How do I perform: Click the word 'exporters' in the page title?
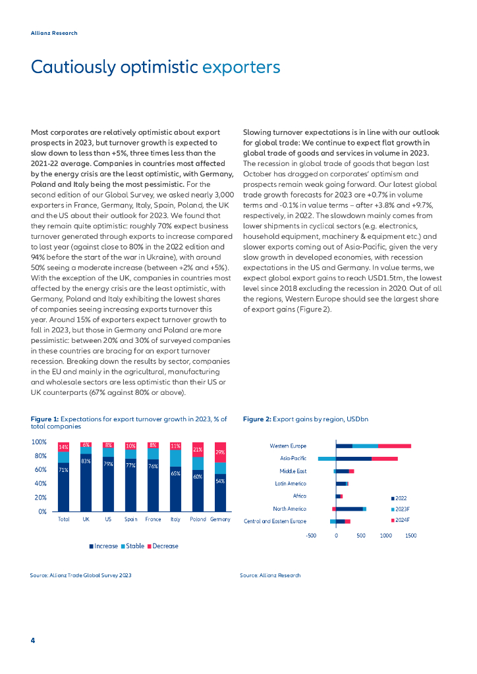pyautogui.click(x=241, y=66)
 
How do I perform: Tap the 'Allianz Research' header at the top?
pyautogui.click(x=54, y=33)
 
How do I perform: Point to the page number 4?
pyautogui.click(x=33, y=640)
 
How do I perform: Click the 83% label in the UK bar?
pyautogui.click(x=86, y=461)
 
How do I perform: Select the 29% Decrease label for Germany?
pyautogui.click(x=220, y=452)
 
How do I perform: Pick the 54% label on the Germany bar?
pyautogui.click(x=220, y=481)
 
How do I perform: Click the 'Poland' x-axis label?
pyautogui.click(x=197, y=520)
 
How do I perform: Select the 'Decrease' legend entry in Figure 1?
pyautogui.click(x=163, y=546)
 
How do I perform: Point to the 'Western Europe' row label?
pyautogui.click(x=288, y=446)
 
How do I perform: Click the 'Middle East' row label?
pyautogui.click(x=293, y=471)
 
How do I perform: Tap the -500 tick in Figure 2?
pyautogui.click(x=312, y=536)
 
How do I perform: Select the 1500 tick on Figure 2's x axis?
pyautogui.click(x=410, y=536)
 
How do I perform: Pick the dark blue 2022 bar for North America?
pyautogui.click(x=349, y=509)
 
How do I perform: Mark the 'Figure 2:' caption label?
pyautogui.click(x=256, y=419)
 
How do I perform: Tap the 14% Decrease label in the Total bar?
pyautogui.click(x=63, y=447)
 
